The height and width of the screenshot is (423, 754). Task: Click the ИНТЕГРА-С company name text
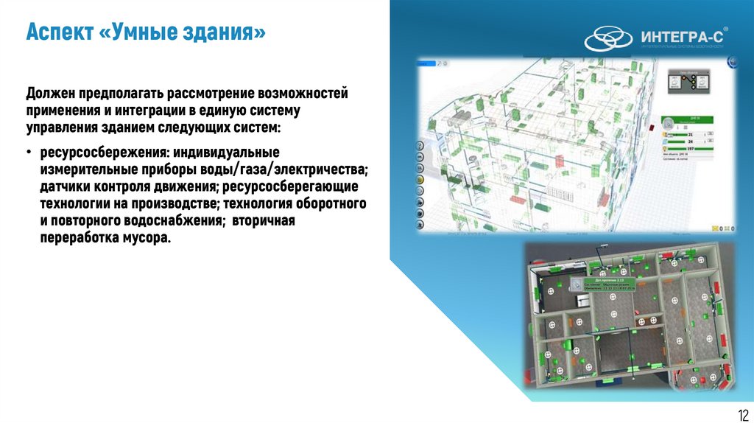click(x=683, y=37)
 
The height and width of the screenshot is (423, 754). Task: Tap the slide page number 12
click(x=740, y=413)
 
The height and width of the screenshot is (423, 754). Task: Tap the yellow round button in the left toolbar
click(x=420, y=179)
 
